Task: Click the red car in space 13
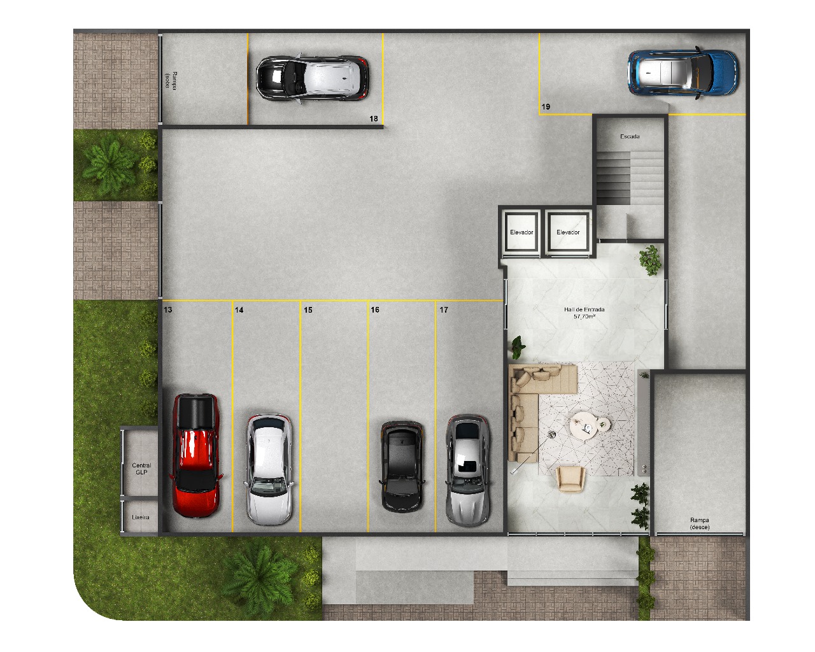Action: pyautogui.click(x=196, y=455)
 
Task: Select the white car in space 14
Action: pyautogui.click(x=269, y=470)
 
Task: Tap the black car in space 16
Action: pyautogui.click(x=401, y=466)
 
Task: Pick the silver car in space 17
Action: pyautogui.click(x=468, y=470)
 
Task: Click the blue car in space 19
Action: pyautogui.click(x=683, y=73)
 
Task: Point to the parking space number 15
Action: pyautogui.click(x=308, y=310)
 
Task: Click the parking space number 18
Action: pyautogui.click(x=374, y=118)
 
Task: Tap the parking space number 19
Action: pyautogui.click(x=546, y=107)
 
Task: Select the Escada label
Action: pyautogui.click(x=630, y=136)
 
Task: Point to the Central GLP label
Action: pyautogui.click(x=141, y=468)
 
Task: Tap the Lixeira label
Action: pyautogui.click(x=141, y=517)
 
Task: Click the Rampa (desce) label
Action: pyautogui.click(x=700, y=523)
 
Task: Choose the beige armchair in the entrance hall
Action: pyautogui.click(x=570, y=479)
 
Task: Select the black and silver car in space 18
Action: pyautogui.click(x=312, y=78)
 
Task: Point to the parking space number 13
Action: pyautogui.click(x=167, y=310)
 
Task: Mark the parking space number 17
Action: pyautogui.click(x=444, y=310)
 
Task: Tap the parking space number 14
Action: pyautogui.click(x=239, y=310)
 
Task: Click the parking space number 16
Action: pyautogui.click(x=375, y=310)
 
